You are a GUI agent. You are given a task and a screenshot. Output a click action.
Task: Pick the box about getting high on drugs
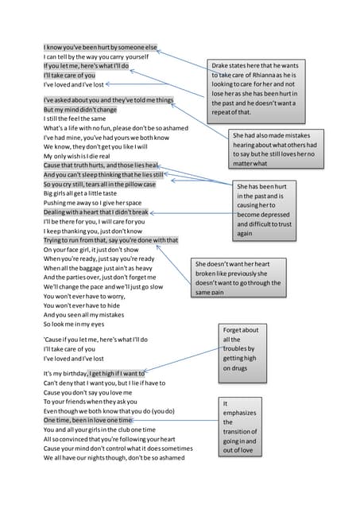point(241,349)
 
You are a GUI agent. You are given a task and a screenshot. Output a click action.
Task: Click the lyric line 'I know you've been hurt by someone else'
point(100,48)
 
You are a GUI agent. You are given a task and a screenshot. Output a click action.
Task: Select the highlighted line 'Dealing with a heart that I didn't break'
point(95,212)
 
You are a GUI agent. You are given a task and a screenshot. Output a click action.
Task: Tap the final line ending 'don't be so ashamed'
point(114,457)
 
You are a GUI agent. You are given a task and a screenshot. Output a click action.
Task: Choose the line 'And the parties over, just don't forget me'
point(104,278)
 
